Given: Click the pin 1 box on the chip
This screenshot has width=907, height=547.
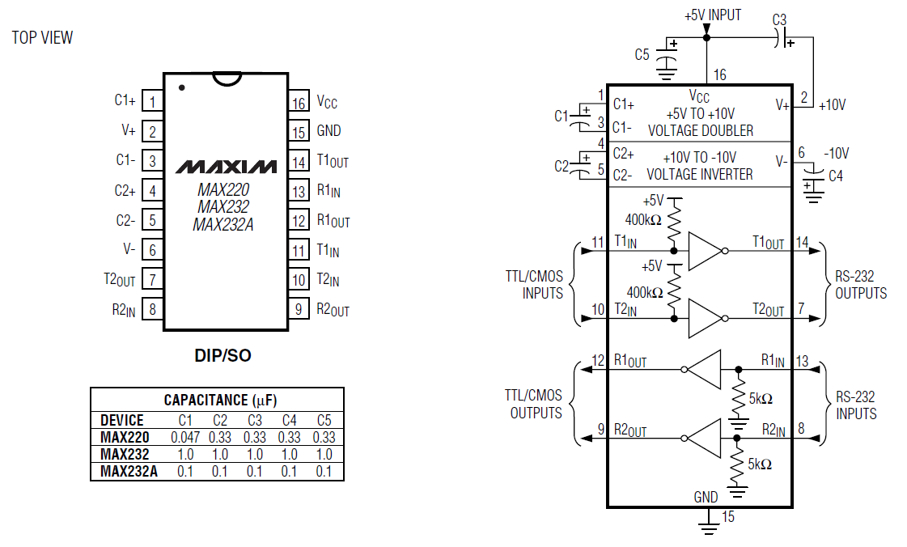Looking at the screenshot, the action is pyautogui.click(x=152, y=102).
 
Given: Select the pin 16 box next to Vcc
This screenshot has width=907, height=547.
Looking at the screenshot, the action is pyautogui.click(x=299, y=102).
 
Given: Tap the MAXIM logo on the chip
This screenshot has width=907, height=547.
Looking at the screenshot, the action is pyautogui.click(x=227, y=167).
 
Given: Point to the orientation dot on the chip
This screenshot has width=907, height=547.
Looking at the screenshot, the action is pyautogui.click(x=181, y=88).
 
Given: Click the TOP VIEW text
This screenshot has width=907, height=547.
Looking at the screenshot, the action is pyautogui.click(x=42, y=37).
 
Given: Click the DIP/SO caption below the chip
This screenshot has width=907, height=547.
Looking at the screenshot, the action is pyautogui.click(x=223, y=355).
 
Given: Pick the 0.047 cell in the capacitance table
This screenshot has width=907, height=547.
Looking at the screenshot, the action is pyautogui.click(x=185, y=438).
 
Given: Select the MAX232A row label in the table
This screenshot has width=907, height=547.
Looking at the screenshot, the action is pyautogui.click(x=129, y=471).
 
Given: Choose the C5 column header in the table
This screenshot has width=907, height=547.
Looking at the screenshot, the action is pyautogui.click(x=324, y=421).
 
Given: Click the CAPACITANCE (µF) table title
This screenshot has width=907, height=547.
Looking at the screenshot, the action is pyautogui.click(x=220, y=400).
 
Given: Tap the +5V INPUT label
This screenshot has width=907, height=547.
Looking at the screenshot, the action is pyautogui.click(x=713, y=15).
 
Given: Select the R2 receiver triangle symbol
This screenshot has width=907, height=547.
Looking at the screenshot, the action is pyautogui.click(x=703, y=439).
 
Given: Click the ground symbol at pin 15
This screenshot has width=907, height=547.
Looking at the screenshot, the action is pyautogui.click(x=707, y=528).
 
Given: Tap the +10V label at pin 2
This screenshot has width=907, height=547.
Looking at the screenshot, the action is pyautogui.click(x=833, y=105).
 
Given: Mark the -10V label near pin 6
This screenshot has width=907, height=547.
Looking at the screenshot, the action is pyautogui.click(x=836, y=154).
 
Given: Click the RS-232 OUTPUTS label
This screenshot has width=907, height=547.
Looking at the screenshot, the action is pyautogui.click(x=860, y=285).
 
